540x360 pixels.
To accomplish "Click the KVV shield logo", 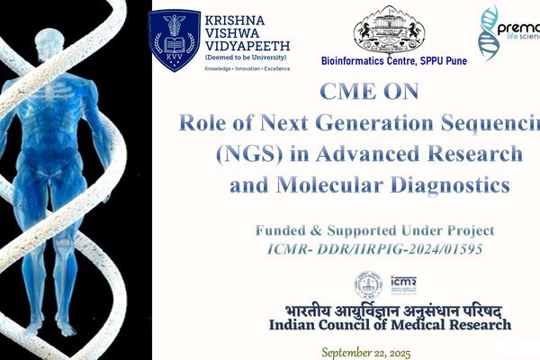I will tap(175, 40).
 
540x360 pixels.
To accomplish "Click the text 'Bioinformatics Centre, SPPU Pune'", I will tap(388, 61).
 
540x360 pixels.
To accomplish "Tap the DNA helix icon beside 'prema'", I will tap(490, 31).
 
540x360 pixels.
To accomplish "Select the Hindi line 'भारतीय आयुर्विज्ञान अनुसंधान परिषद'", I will tap(388, 309).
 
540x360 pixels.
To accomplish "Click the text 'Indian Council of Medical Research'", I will tap(390, 324).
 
